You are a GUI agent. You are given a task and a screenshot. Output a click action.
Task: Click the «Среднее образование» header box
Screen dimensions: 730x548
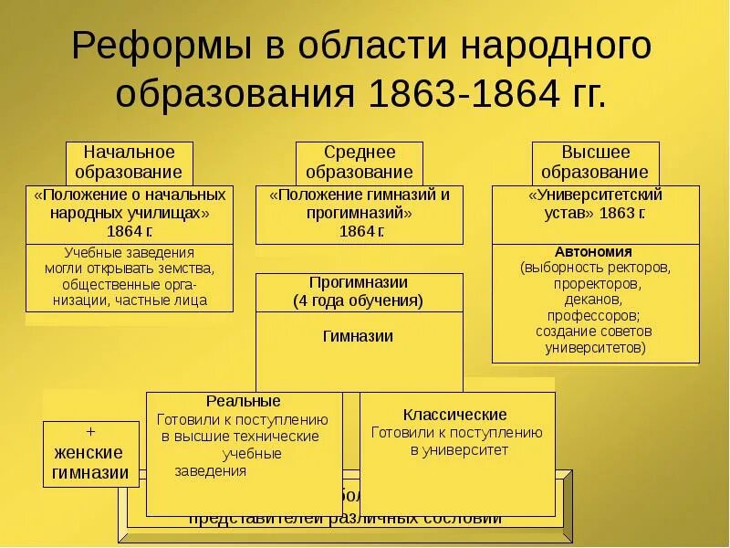tap(360, 162)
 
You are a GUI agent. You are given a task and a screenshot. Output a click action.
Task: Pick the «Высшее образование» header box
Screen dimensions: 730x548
tap(594, 162)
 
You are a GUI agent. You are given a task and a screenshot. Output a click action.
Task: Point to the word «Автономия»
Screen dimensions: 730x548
tap(593, 251)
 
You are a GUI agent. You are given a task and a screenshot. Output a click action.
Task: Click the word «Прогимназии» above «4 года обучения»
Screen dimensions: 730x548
tap(358, 282)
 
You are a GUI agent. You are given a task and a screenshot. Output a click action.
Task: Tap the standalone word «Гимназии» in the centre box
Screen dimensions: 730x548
tap(358, 335)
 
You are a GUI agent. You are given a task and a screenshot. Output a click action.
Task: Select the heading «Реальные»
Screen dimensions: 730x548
tap(243, 401)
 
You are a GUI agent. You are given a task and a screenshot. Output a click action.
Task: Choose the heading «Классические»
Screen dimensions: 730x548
tap(456, 414)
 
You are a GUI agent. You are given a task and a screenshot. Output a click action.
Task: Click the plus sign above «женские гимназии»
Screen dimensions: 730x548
tap(90, 430)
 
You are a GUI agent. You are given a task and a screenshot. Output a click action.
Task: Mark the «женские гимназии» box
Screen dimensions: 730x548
tap(90, 462)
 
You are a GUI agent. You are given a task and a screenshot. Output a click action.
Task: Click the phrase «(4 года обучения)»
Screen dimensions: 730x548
tap(358, 300)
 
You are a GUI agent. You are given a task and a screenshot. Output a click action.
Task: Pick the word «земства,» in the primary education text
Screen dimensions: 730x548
tap(186, 268)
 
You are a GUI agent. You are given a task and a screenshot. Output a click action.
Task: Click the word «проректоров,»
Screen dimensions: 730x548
tap(595, 283)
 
